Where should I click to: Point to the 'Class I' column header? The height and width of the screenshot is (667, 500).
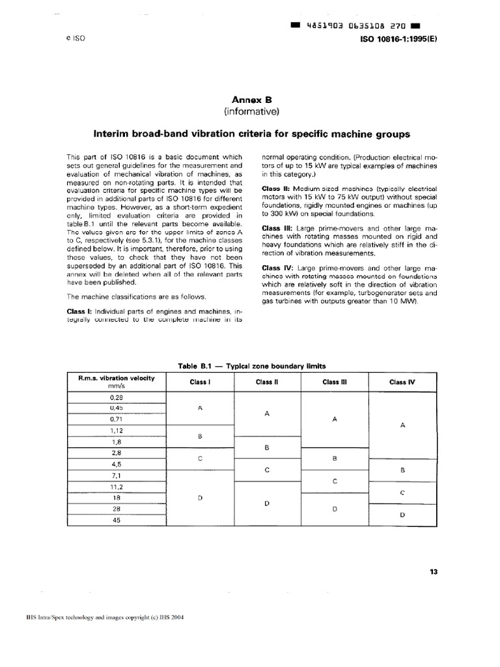pos(200,382)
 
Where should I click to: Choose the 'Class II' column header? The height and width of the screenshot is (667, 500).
pos(267,382)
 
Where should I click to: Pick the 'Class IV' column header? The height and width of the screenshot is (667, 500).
pos(402,382)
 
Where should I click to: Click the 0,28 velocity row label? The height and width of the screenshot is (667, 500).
pos(116,397)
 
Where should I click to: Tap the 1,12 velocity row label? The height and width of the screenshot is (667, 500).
pos(116,431)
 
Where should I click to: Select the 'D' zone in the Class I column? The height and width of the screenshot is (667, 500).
pos(201,497)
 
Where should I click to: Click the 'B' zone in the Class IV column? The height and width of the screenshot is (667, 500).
pos(402,469)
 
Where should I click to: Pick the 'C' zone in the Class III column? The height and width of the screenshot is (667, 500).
pos(335,481)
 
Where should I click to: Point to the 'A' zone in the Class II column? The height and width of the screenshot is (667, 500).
pos(268,414)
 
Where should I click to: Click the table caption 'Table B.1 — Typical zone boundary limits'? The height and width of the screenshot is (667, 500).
pos(251,365)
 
